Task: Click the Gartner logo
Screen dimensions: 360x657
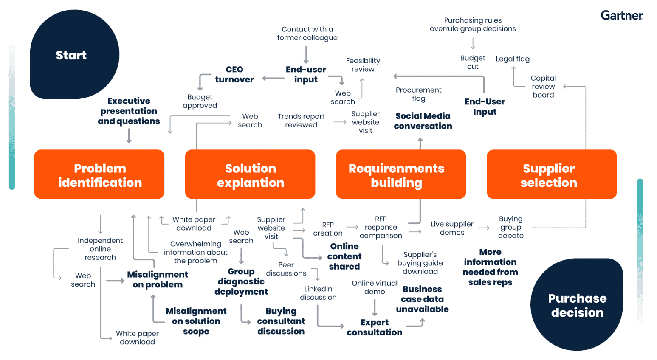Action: click(x=621, y=16)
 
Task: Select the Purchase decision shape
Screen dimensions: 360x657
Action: click(x=577, y=305)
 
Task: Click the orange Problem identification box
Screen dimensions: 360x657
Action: click(x=99, y=174)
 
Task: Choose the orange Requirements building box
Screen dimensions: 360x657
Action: click(x=400, y=174)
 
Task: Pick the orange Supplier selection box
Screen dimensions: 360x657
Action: click(x=551, y=174)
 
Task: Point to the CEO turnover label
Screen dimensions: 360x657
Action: click(x=234, y=74)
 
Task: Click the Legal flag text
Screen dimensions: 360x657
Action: click(x=513, y=59)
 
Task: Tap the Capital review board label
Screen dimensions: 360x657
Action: click(x=543, y=87)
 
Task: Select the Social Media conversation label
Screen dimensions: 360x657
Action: click(x=423, y=121)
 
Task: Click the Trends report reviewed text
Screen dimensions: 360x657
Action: click(x=301, y=121)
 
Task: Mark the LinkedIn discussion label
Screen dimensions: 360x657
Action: click(x=318, y=293)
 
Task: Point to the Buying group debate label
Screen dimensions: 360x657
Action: click(x=510, y=227)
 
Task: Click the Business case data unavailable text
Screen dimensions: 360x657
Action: click(x=422, y=299)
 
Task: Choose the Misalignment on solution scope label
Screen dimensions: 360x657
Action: click(x=196, y=321)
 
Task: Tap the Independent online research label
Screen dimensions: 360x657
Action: click(x=100, y=249)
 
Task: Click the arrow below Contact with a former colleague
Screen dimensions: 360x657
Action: click(x=306, y=55)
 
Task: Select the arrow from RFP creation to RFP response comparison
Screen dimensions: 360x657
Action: click(x=352, y=227)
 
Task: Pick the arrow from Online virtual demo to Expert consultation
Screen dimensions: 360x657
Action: click(x=375, y=307)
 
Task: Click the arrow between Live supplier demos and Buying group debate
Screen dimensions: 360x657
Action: click(x=484, y=228)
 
